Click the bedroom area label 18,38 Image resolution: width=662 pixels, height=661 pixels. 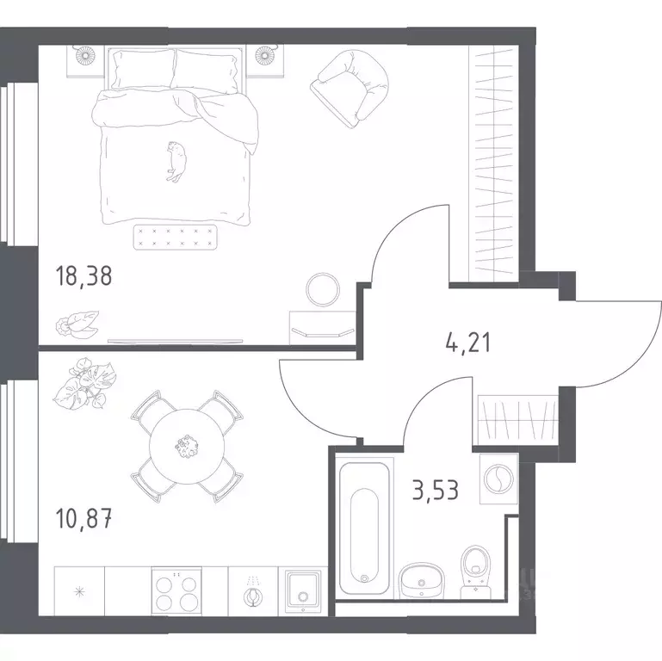[x=84, y=276]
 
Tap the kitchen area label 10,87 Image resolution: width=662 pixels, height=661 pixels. [x=84, y=519]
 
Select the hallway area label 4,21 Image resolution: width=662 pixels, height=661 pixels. [x=468, y=343]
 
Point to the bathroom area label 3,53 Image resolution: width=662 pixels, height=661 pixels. [x=436, y=490]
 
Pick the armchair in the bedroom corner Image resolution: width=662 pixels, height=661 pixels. [x=350, y=88]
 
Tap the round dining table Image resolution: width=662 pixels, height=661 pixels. [x=187, y=446]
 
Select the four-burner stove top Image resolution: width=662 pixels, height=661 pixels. [x=176, y=591]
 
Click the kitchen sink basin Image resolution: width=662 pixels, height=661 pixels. [x=303, y=592]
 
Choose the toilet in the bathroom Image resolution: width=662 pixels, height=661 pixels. [x=476, y=571]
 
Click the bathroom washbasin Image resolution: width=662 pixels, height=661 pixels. [x=421, y=580]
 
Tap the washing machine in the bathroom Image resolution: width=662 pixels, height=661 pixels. [x=498, y=479]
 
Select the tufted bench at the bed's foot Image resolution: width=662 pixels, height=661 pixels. [x=176, y=238]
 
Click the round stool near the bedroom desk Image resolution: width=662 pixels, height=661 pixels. [x=323, y=290]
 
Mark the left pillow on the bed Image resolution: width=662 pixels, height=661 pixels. [x=142, y=69]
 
